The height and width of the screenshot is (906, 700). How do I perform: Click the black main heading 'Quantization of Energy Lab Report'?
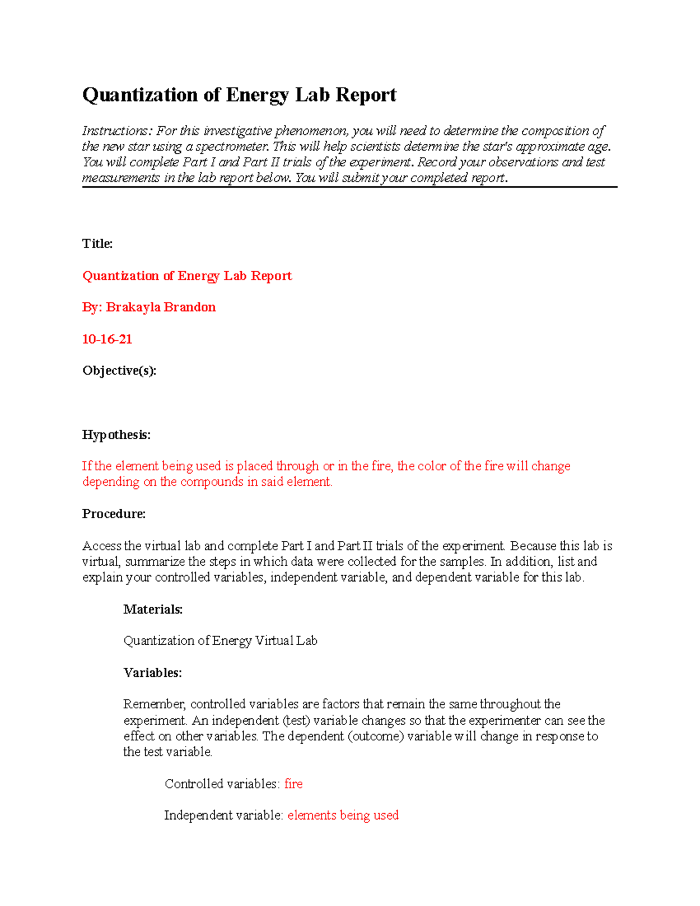[239, 95]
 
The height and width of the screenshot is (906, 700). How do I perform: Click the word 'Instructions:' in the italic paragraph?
[117, 131]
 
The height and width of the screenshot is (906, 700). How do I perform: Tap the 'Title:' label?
[97, 244]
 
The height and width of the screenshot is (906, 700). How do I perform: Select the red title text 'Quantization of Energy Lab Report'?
[187, 276]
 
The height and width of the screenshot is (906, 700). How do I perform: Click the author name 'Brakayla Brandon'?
[160, 307]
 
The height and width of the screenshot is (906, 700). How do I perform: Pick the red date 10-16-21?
[107, 339]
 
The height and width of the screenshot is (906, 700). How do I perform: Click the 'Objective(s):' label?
[119, 370]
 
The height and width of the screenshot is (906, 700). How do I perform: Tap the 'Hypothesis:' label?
[116, 435]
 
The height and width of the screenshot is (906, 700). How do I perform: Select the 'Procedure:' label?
[114, 514]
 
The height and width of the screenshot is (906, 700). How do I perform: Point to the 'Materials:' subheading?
[153, 610]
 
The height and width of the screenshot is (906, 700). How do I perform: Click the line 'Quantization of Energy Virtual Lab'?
[220, 641]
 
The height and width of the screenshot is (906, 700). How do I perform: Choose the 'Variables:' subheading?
[152, 673]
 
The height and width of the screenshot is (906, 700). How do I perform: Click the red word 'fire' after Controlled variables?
[293, 784]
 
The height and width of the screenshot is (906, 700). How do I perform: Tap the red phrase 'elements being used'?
[343, 816]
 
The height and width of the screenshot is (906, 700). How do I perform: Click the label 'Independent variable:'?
[223, 816]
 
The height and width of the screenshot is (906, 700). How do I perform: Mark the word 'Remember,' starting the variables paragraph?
[155, 704]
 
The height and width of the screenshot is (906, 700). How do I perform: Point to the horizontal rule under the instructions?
[349, 187]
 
